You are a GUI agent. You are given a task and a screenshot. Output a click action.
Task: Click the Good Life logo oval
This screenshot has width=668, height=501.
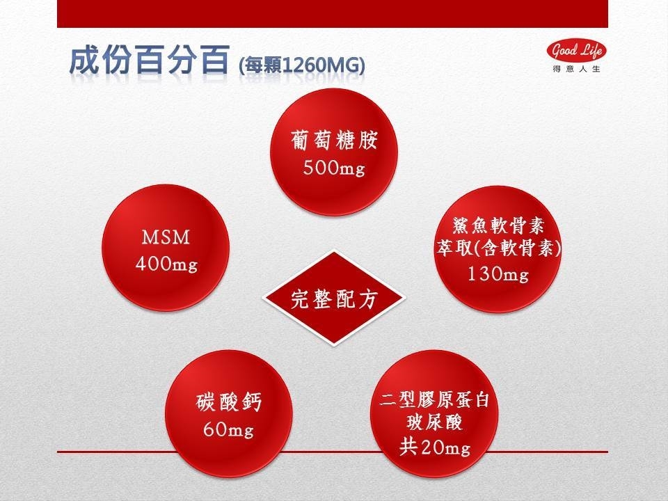[576, 51]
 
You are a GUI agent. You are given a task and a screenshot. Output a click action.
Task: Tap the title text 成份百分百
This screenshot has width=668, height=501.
[149, 61]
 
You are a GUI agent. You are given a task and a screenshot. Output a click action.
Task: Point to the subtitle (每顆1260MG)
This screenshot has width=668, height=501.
[302, 66]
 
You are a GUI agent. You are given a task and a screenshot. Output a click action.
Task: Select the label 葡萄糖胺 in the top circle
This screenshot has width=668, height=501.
[334, 140]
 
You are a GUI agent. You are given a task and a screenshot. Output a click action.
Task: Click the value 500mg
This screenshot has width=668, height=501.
[334, 168]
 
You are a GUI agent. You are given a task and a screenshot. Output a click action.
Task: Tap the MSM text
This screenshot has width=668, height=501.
[166, 237]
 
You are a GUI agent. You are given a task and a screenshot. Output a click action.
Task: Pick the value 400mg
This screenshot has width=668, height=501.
[166, 264]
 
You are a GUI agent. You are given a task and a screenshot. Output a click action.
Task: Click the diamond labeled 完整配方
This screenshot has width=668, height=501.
[334, 298]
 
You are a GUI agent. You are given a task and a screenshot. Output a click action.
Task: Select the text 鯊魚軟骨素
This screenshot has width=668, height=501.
[498, 225]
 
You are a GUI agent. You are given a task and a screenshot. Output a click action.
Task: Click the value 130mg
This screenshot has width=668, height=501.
[498, 273]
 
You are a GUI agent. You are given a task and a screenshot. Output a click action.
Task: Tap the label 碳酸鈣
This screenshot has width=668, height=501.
[229, 401]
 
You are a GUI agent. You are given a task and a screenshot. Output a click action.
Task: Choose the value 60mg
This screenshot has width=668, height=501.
[229, 429]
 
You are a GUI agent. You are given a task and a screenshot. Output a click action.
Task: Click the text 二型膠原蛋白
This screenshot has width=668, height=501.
[434, 400]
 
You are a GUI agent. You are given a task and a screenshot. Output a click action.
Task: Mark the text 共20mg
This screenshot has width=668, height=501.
[434, 447]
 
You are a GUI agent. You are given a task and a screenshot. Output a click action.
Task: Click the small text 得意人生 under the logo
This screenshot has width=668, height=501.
[576, 69]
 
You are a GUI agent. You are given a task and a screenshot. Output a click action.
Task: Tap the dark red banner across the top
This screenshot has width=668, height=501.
[333, 14]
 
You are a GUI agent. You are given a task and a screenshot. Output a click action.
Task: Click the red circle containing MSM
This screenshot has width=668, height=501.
[166, 248]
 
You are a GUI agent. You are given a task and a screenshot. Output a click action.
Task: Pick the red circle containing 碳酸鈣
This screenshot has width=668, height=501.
[229, 413]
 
